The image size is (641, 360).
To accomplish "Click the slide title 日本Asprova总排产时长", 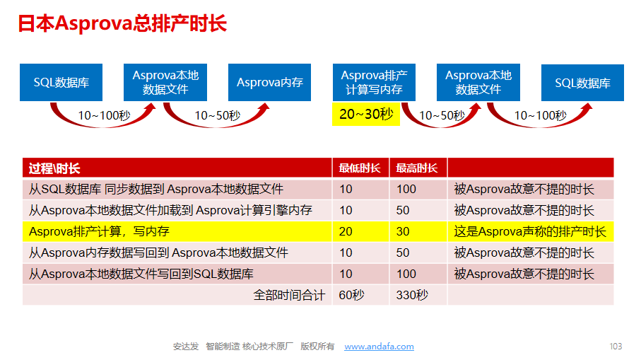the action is pyautogui.click(x=122, y=23).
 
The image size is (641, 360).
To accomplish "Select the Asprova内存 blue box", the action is pyautogui.click(x=269, y=82).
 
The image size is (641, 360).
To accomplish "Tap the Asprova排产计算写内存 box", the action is pyautogui.click(x=374, y=82).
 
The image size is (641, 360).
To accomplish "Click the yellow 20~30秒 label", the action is pyautogui.click(x=366, y=114).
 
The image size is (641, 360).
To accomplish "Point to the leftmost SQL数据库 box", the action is pyautogui.click(x=61, y=82).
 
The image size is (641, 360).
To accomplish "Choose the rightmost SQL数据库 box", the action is pyautogui.click(x=582, y=83).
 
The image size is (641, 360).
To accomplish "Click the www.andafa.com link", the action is pyautogui.click(x=379, y=347).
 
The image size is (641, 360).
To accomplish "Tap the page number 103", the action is pyautogui.click(x=616, y=347).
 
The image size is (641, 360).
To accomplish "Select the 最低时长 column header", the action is pyautogui.click(x=360, y=168).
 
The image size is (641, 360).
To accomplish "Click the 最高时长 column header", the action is pyautogui.click(x=416, y=168).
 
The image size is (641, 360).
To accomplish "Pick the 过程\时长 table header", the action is pyautogui.click(x=54, y=168).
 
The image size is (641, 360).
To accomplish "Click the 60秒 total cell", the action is pyautogui.click(x=351, y=295).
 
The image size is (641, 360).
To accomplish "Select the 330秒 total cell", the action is pyautogui.click(x=412, y=295).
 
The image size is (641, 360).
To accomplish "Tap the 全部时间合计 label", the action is pyautogui.click(x=290, y=295).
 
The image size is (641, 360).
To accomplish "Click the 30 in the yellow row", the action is pyautogui.click(x=403, y=231).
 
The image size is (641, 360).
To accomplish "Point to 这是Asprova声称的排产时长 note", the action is pyautogui.click(x=530, y=231).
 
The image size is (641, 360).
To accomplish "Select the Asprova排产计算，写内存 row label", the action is pyautogui.click(x=99, y=231).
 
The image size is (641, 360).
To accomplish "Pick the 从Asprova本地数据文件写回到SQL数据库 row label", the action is pyautogui.click(x=141, y=274).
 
